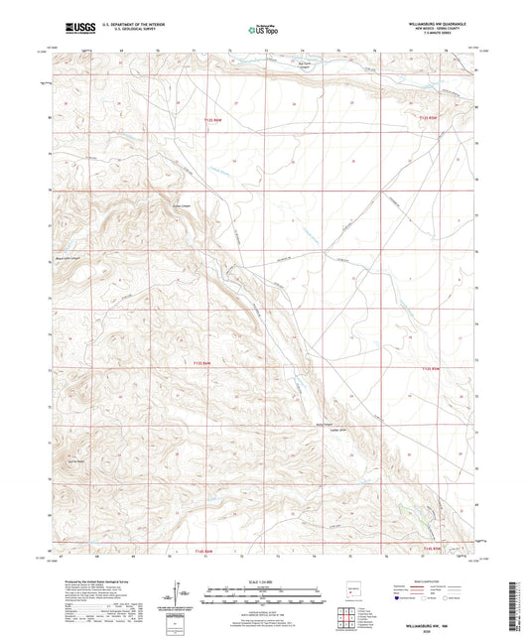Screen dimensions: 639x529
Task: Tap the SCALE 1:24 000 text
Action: click(x=263, y=581)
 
